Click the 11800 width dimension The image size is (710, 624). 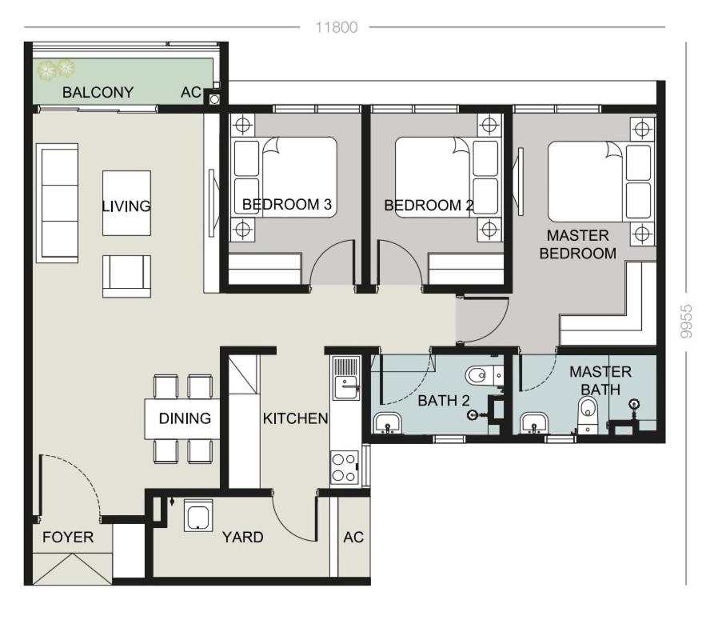pyautogui.click(x=337, y=27)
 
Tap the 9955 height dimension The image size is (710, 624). pyautogui.click(x=686, y=322)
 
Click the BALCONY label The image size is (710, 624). pyautogui.click(x=98, y=93)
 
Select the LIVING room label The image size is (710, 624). pyautogui.click(x=126, y=206)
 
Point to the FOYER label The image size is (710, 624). pyautogui.click(x=68, y=537)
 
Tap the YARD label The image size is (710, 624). pyautogui.click(x=243, y=537)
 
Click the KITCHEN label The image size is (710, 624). pyautogui.click(x=295, y=418)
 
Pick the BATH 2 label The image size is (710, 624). pyautogui.click(x=443, y=401)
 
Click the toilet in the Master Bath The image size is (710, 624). pyautogui.click(x=588, y=414)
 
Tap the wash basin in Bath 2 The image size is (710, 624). pyautogui.click(x=387, y=423)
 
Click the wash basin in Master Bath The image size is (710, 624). pyautogui.click(x=534, y=422)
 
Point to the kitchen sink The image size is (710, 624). pyautogui.click(x=346, y=378)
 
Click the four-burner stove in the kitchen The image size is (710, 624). pyautogui.click(x=344, y=468)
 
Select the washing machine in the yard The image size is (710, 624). pyautogui.click(x=198, y=515)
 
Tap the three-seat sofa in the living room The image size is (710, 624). pyautogui.click(x=57, y=202)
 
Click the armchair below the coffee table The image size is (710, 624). pyautogui.click(x=127, y=276)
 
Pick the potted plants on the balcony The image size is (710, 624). pyautogui.click(x=56, y=70)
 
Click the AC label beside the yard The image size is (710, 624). pyautogui.click(x=353, y=537)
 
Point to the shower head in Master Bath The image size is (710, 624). pyautogui.click(x=634, y=405)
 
